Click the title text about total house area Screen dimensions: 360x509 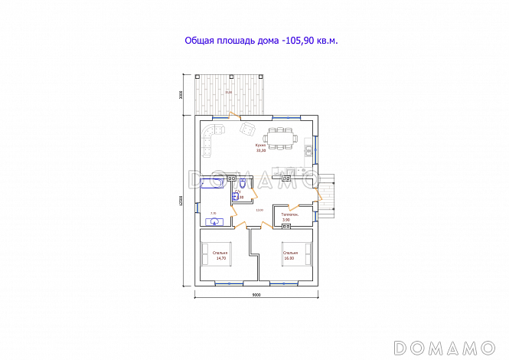click(261, 41)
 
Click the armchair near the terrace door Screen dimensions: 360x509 click(247, 128)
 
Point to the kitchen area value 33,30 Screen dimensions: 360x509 click(261, 151)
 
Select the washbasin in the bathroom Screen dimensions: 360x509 click(215, 221)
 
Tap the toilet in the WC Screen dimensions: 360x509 click(243, 184)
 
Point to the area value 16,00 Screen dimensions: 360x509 click(289, 257)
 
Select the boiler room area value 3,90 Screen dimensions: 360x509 click(286, 221)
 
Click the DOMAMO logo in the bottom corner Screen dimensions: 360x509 click(449, 347)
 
